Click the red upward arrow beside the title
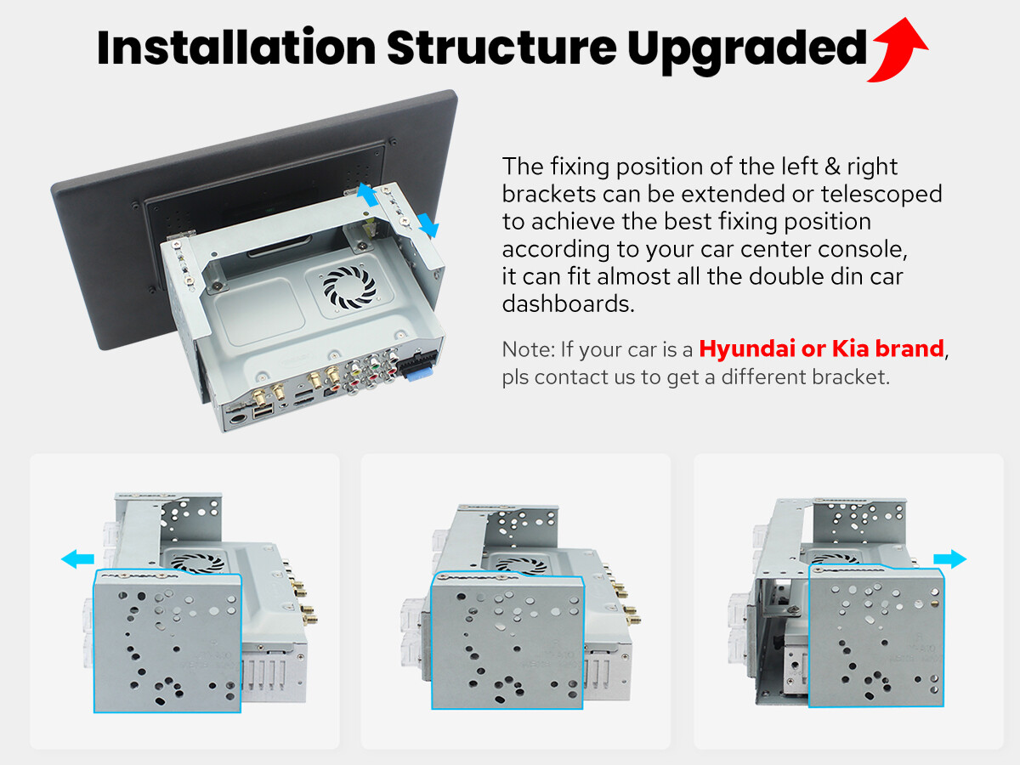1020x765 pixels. pos(899,50)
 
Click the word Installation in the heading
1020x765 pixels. pos(236,47)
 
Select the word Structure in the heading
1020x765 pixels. pos(501,47)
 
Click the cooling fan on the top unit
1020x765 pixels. pos(349,287)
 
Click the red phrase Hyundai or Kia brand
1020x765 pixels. pos(821,348)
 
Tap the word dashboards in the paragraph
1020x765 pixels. pos(568,303)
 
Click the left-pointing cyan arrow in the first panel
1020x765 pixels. pos(77,558)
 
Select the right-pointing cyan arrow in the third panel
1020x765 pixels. pos(949,558)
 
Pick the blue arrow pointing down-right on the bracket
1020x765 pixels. pos(428,226)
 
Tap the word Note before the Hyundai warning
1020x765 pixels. pos(526,348)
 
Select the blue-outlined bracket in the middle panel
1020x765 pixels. pos(507,641)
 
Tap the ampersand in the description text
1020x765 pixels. pos(832,167)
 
